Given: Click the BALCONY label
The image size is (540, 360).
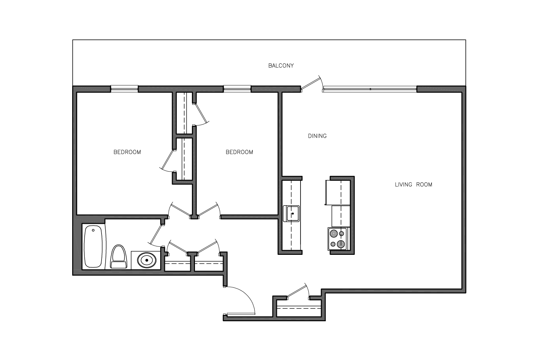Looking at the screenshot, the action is (x=281, y=65).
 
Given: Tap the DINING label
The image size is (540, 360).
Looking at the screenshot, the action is (x=317, y=136).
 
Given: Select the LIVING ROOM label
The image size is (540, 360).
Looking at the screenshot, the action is (x=414, y=185).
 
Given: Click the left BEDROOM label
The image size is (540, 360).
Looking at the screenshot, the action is (x=127, y=152).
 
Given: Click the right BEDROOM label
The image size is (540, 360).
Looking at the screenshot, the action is (x=239, y=152).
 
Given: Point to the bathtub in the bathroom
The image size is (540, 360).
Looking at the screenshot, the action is (x=93, y=246).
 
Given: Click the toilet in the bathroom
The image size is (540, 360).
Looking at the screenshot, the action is (x=119, y=257).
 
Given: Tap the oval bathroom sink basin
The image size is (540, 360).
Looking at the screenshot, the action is (x=147, y=260).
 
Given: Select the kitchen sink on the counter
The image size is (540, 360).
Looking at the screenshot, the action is (x=291, y=213).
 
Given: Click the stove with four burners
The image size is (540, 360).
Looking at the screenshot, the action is (x=337, y=239).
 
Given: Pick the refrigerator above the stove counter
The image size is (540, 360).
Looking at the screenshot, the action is (x=338, y=192).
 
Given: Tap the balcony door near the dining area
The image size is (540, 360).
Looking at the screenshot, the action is (x=311, y=84).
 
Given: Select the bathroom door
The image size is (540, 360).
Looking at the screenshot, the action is (x=156, y=235).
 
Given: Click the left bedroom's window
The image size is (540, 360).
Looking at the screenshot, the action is (x=124, y=89).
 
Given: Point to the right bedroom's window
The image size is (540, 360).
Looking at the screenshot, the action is (x=237, y=89).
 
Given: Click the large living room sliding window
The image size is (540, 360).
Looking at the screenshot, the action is (x=370, y=89).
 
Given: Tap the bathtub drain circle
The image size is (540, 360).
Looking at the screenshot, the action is (x=93, y=230).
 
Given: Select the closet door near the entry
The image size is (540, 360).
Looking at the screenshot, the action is (x=298, y=291).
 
